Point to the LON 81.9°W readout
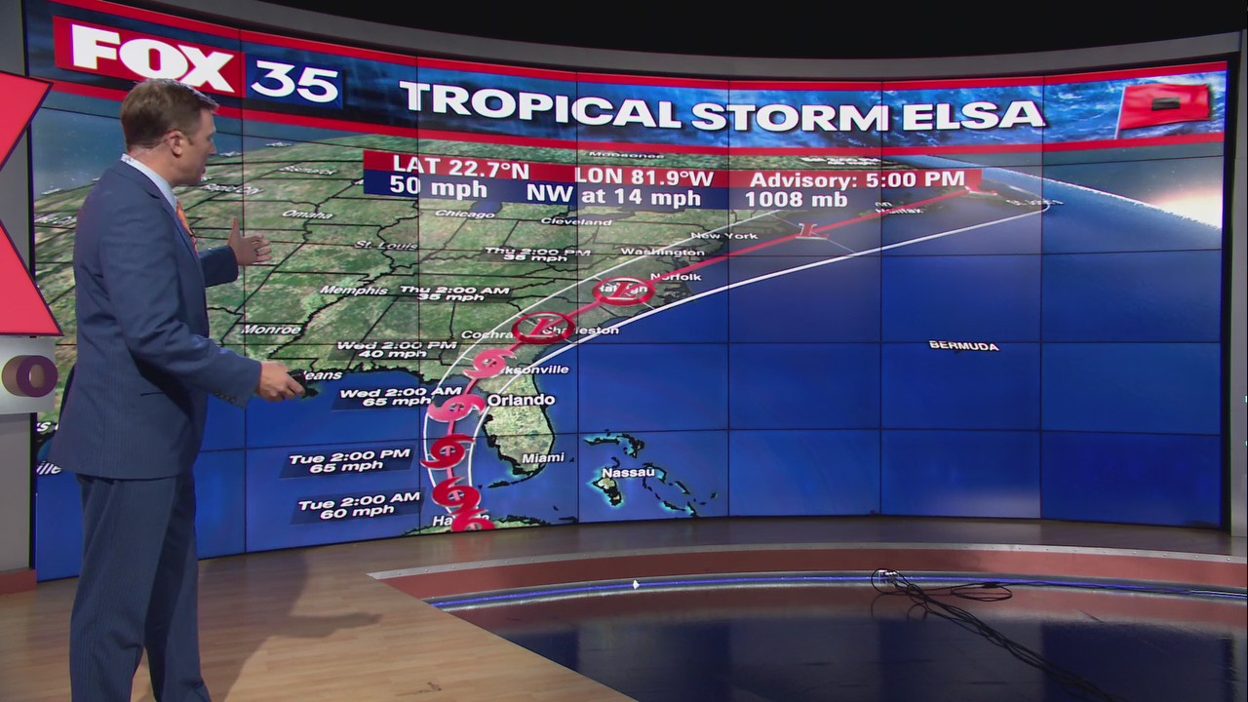tap(643, 176)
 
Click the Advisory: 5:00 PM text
tap(856, 179)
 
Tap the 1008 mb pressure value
tap(788, 200)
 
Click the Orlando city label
tap(521, 401)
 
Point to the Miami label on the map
tap(542, 457)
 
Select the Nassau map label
tap(627, 473)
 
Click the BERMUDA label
tap(963, 345)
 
